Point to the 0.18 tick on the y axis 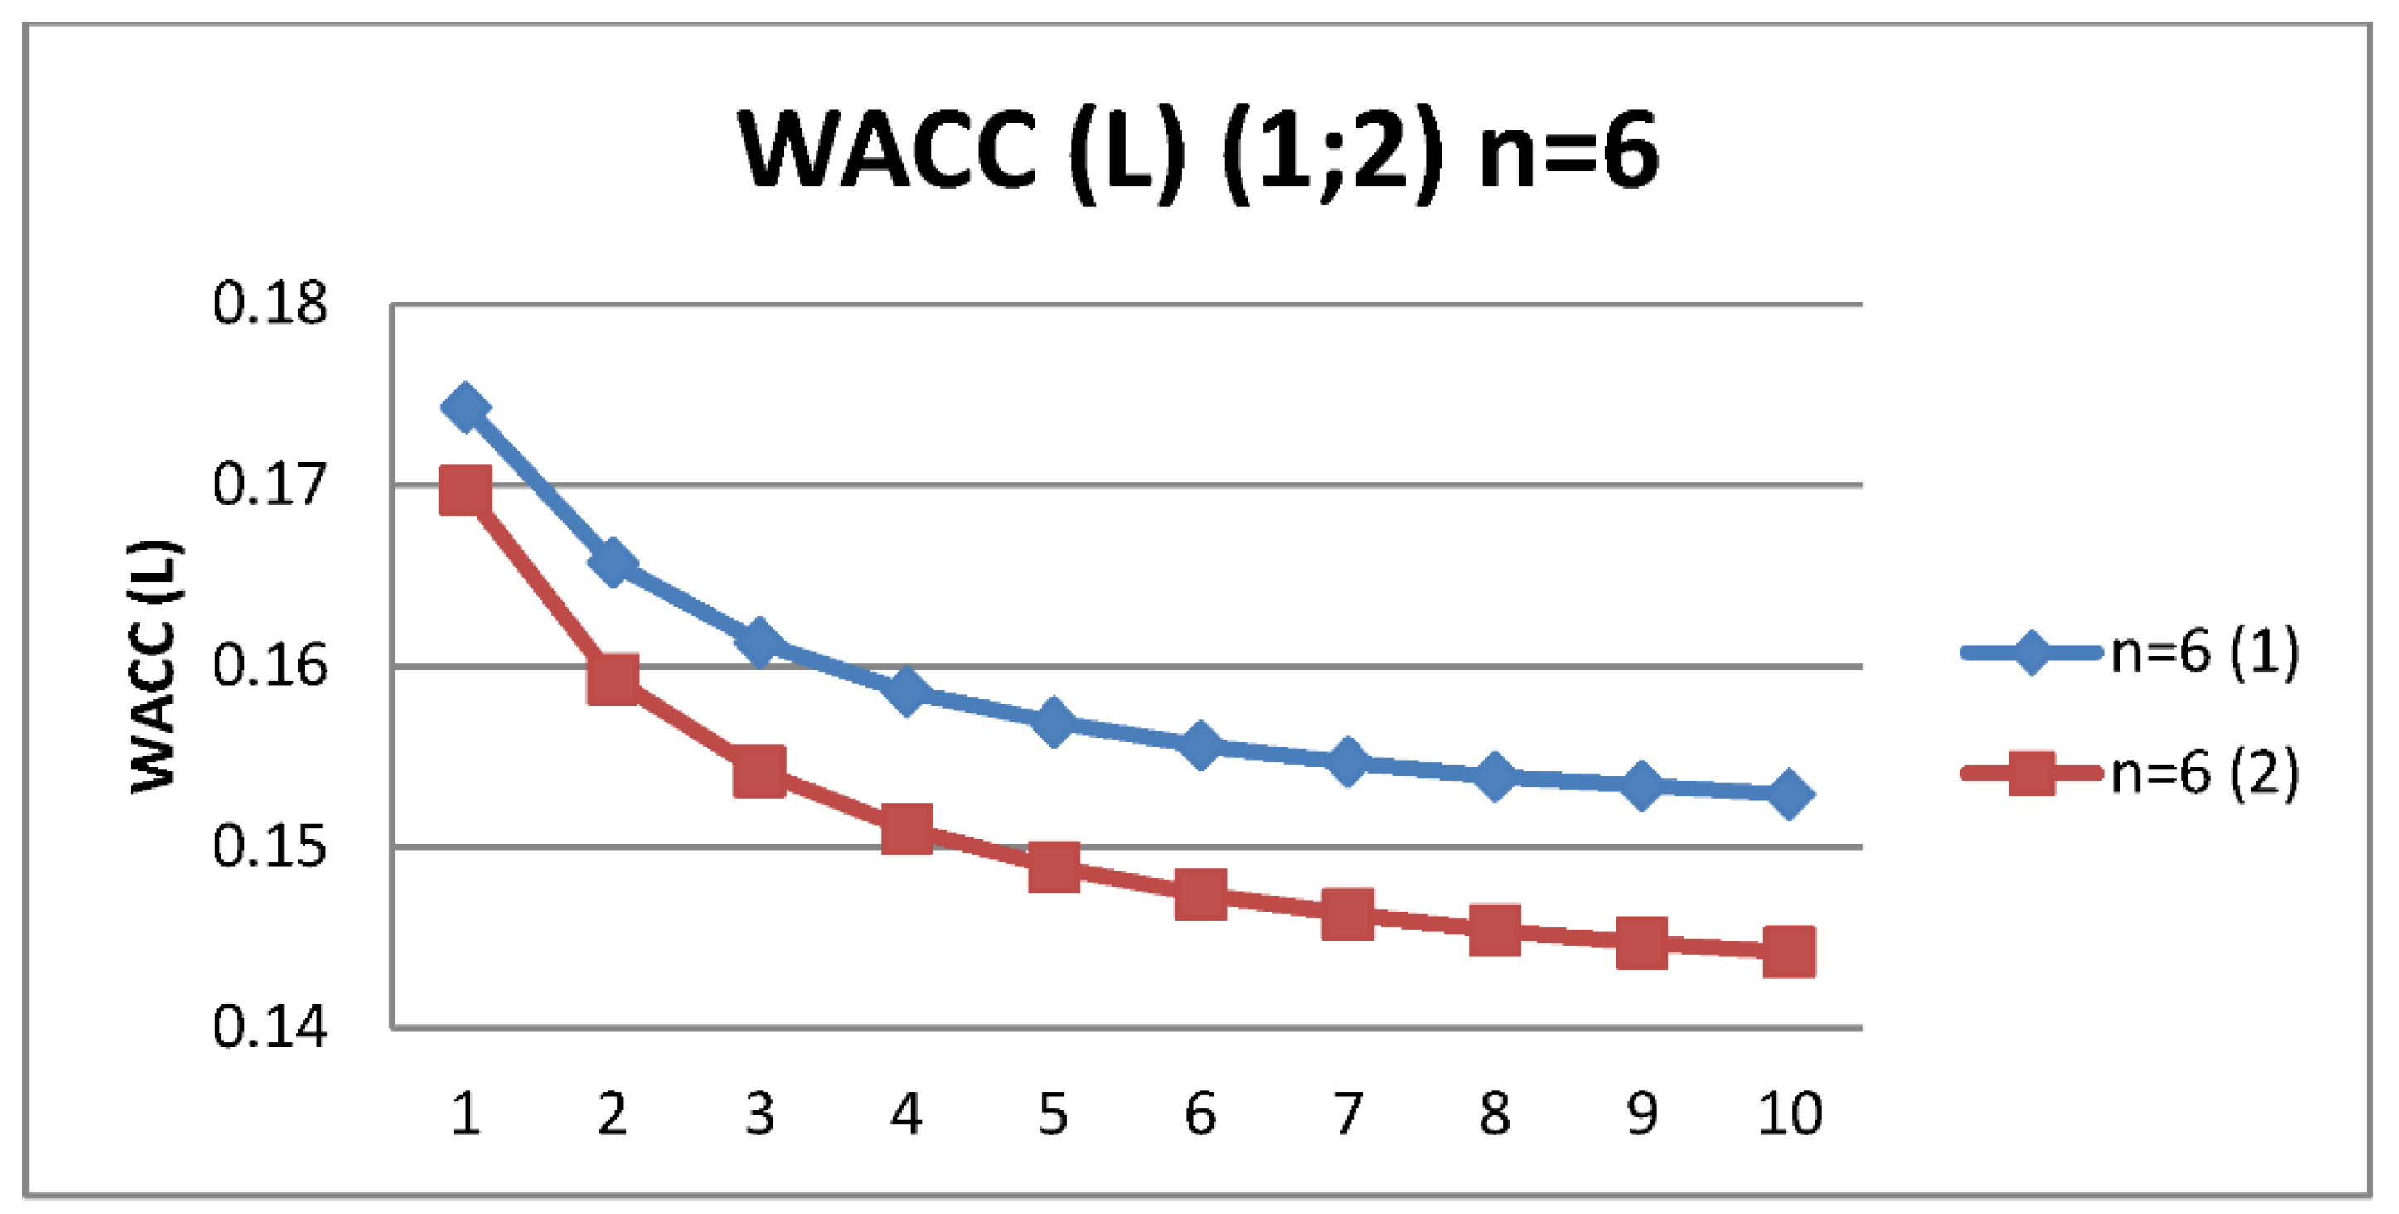[x=270, y=303]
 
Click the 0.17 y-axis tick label [x=270, y=485]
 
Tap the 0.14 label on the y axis [x=270, y=1028]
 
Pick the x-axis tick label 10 [x=1789, y=1114]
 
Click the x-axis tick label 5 [x=1054, y=1114]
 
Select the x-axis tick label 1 [x=466, y=1114]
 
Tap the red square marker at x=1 [x=466, y=491]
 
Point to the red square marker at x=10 [x=1789, y=951]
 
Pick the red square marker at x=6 [x=1200, y=895]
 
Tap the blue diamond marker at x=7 [x=1348, y=762]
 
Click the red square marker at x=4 [x=907, y=828]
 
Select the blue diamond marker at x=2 [x=613, y=563]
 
